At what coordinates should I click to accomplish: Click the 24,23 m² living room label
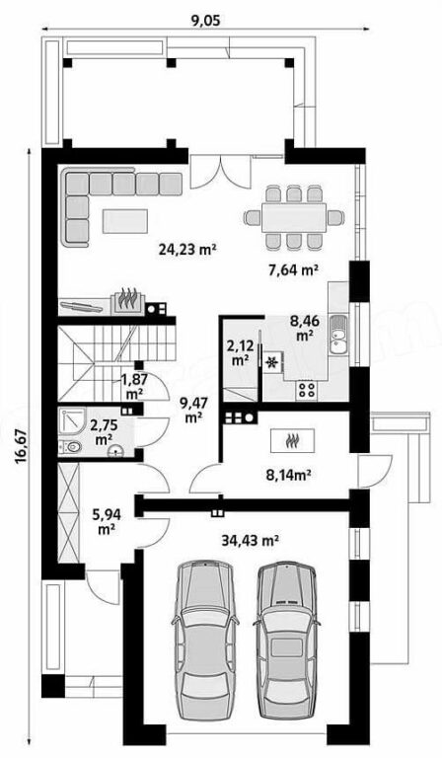[x=186, y=250]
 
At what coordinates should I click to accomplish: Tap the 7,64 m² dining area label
[x=293, y=269]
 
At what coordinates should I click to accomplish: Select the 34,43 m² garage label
[x=252, y=540]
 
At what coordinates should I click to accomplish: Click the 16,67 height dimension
[x=21, y=447]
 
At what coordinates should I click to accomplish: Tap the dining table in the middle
[x=294, y=217]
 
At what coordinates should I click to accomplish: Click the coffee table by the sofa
[x=125, y=221]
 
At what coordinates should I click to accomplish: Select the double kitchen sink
[x=337, y=334]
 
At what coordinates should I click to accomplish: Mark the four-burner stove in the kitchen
[x=306, y=390]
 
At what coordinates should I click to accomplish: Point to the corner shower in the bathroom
[x=72, y=421]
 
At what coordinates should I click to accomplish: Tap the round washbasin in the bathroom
[x=116, y=451]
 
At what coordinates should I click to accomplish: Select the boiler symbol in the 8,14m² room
[x=293, y=440]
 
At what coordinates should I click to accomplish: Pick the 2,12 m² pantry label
[x=237, y=351]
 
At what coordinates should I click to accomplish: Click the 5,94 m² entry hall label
[x=107, y=521]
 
